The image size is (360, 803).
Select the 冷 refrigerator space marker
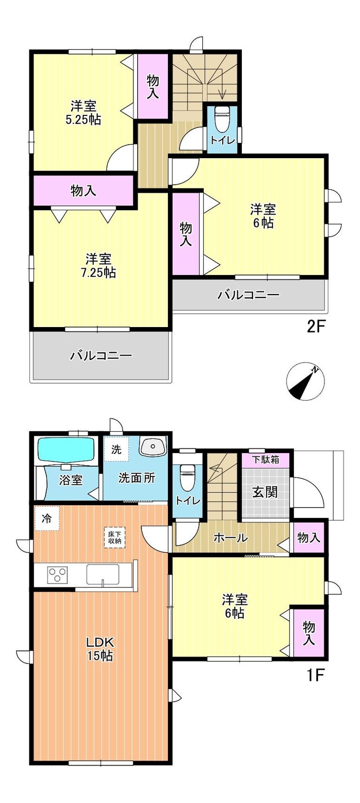(x=47, y=518)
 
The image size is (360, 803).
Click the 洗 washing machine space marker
(x=116, y=449)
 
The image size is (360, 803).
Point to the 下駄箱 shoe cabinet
(x=266, y=459)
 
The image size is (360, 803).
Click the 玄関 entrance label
(x=265, y=492)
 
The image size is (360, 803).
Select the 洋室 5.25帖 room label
(x=83, y=112)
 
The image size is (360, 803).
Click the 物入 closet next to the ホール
(x=309, y=537)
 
